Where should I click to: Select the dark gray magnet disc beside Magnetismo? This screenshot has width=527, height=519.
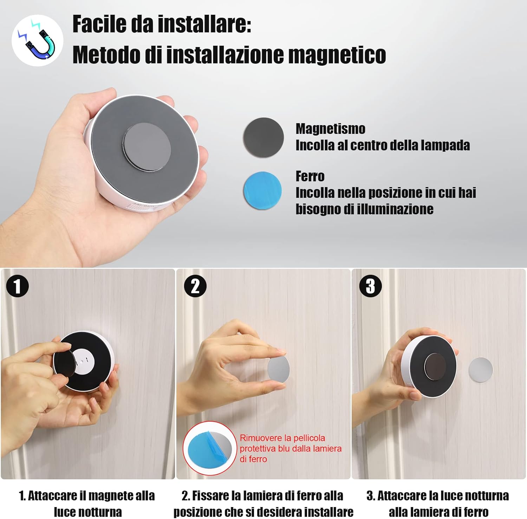pyautogui.click(x=263, y=137)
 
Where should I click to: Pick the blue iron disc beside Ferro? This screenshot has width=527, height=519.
pyautogui.click(x=262, y=190)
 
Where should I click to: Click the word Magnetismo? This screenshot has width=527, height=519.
pyautogui.click(x=330, y=129)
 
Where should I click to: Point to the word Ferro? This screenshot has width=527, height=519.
pyautogui.click(x=310, y=176)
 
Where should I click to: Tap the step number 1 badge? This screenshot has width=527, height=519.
pyautogui.click(x=17, y=286)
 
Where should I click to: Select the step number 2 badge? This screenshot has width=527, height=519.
pyautogui.click(x=195, y=286)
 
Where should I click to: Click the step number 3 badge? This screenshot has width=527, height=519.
pyautogui.click(x=370, y=286)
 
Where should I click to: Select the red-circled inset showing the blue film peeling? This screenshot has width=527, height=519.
pyautogui.click(x=210, y=448)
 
